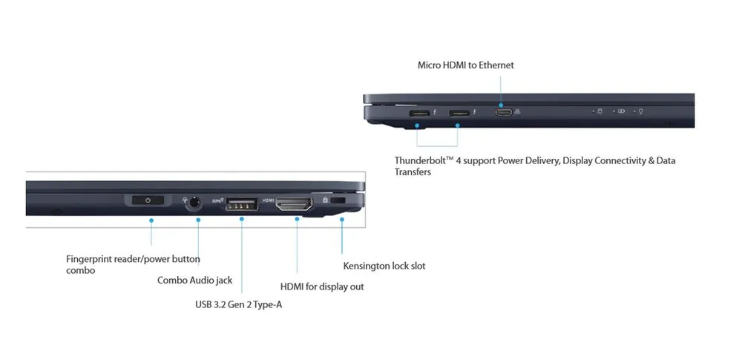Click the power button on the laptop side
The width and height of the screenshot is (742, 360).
coord(148,200)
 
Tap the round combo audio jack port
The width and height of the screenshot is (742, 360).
coord(195,201)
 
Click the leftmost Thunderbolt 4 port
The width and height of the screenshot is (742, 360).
coord(418,113)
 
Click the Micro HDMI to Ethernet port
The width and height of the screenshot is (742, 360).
coord(502,113)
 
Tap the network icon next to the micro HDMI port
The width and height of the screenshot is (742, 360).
coord(518,112)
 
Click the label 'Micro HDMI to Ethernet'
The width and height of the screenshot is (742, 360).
coord(465,65)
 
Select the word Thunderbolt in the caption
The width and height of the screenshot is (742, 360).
coord(421,160)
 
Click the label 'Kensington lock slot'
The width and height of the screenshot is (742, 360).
coord(384,266)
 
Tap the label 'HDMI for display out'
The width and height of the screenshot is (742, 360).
coord(322,287)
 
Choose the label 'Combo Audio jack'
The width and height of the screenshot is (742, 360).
coord(194,281)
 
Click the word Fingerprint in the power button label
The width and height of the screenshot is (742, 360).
coord(90,259)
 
